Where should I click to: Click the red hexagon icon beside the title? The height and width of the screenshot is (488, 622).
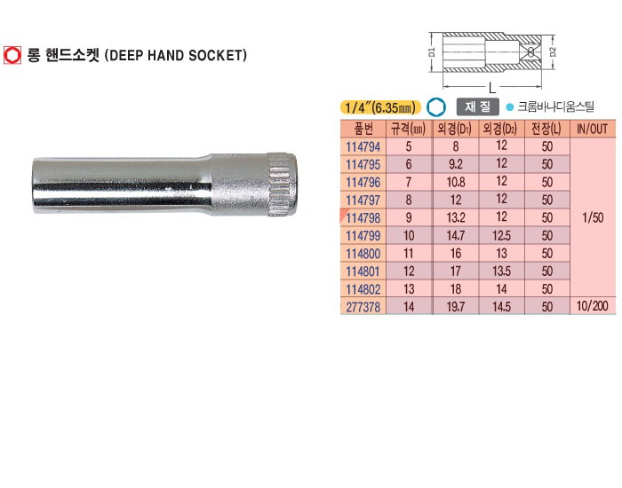(12, 55)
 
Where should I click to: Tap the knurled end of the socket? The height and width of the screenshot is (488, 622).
(283, 185)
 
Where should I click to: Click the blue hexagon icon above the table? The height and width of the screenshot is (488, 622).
(436, 107)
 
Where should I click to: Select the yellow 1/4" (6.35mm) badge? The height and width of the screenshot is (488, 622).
(380, 107)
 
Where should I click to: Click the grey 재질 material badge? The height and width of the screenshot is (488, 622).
(478, 106)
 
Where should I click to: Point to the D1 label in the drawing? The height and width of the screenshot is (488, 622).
(432, 52)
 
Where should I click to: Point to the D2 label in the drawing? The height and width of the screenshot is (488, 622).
(553, 51)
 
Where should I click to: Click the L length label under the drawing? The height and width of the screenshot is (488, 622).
(492, 88)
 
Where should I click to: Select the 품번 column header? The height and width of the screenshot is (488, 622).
(363, 129)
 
